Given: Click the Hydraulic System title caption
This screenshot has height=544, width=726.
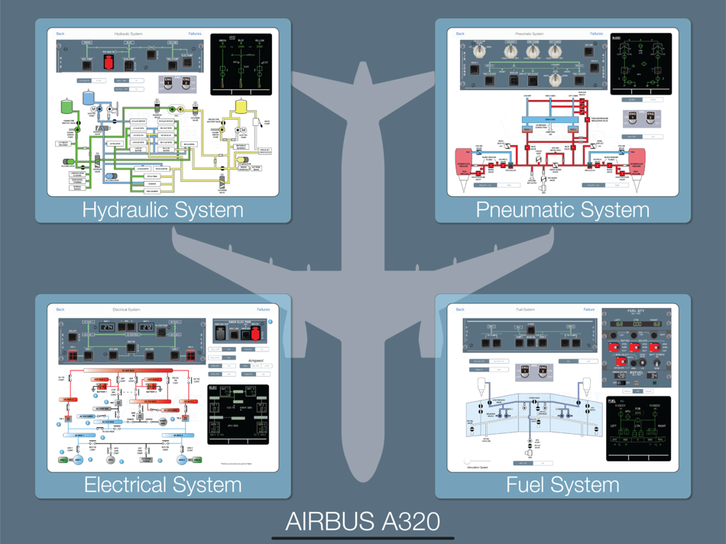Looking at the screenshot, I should click(163, 209).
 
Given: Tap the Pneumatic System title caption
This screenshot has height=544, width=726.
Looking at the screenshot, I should click(562, 209).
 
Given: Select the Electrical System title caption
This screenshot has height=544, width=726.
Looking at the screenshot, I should click(163, 484).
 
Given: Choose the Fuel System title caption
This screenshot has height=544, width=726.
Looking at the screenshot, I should click(562, 484).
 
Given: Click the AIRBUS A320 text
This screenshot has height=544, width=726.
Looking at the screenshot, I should click(363, 521).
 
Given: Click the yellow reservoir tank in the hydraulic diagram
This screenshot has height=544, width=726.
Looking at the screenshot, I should click(241, 107).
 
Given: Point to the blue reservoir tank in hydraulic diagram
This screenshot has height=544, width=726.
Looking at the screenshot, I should click(88, 97).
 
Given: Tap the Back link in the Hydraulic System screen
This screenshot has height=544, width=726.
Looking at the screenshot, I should click(60, 34).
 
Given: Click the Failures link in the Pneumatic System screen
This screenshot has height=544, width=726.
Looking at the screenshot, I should click(596, 34).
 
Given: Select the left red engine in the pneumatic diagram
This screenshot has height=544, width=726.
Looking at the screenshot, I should click(464, 163).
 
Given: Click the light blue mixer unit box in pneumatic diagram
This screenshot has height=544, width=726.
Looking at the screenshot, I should click(549, 120).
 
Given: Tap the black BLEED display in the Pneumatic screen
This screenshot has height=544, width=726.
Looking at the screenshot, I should click(640, 64).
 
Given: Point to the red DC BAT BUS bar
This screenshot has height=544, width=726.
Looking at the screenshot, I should click(126, 370).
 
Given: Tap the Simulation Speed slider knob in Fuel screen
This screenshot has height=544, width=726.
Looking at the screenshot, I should click(468, 461).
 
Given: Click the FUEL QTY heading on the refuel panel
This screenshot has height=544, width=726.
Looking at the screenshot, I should click(636, 311).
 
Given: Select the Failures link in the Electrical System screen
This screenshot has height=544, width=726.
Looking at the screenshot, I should click(263, 309).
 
